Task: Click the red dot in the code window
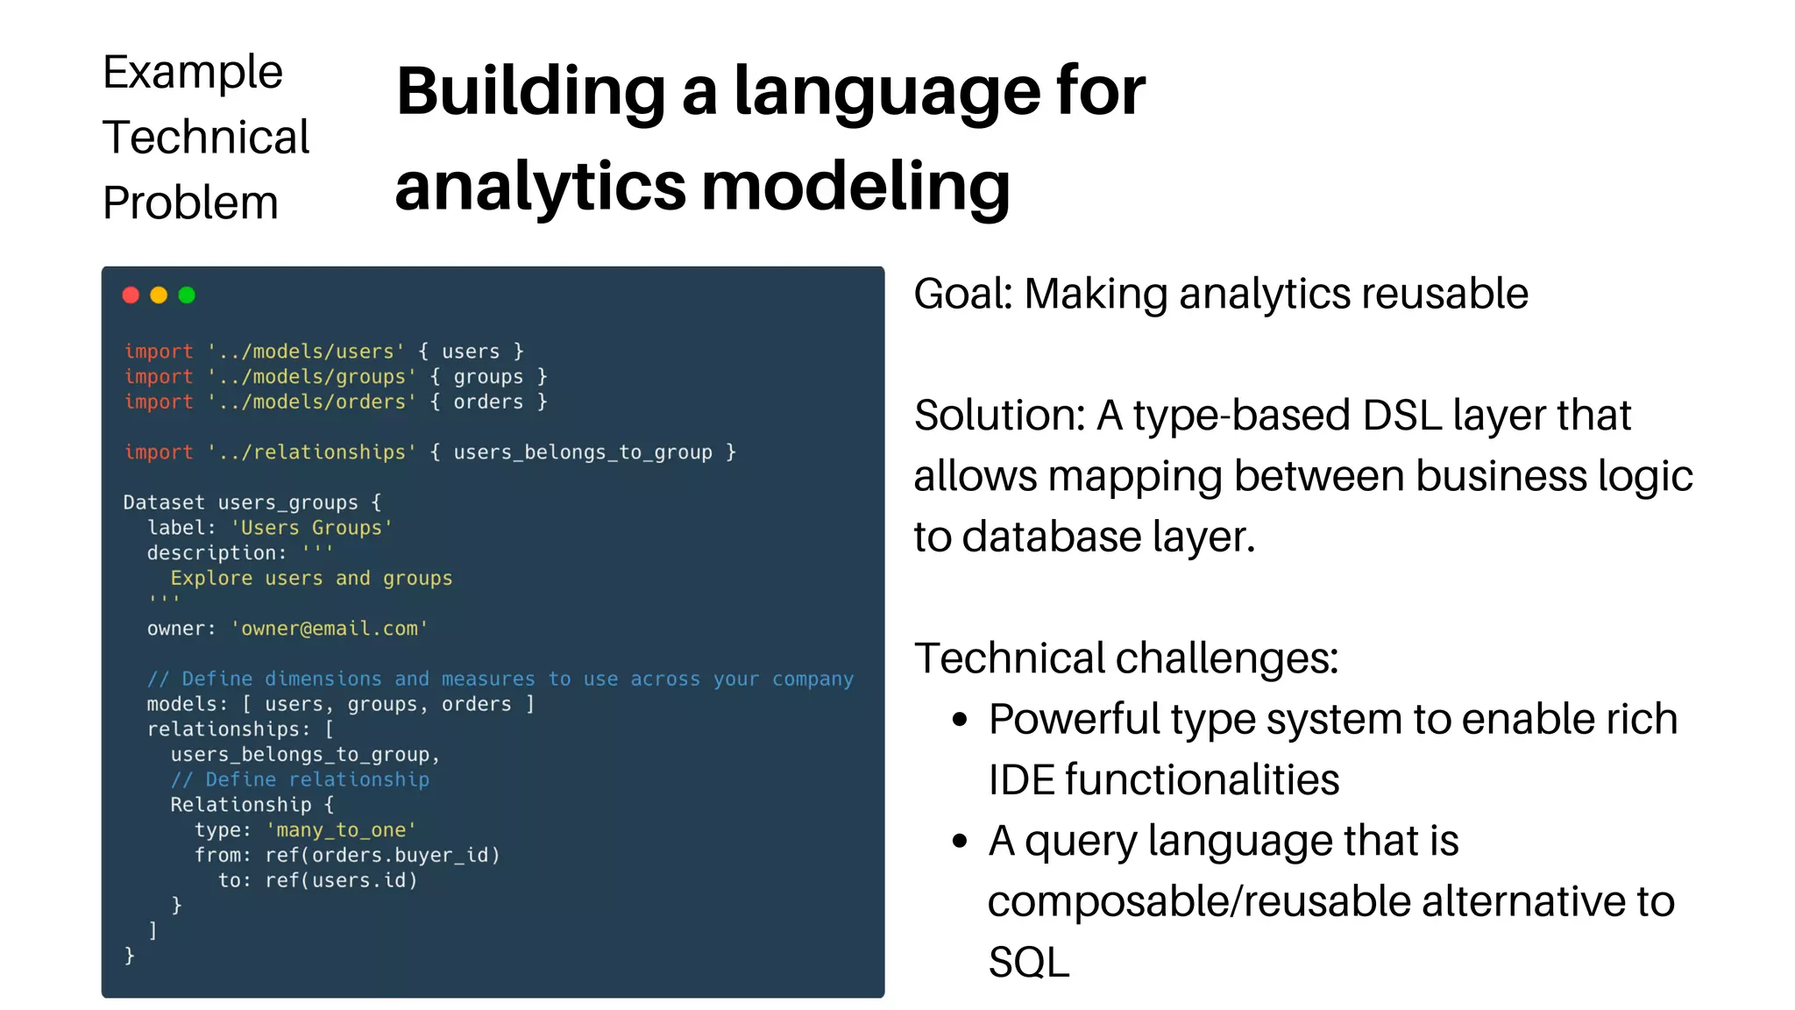[131, 295]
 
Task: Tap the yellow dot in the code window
[159, 295]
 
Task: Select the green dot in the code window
[187, 295]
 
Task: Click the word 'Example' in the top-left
[193, 72]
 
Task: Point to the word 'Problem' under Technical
[190, 203]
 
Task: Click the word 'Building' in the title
[530, 91]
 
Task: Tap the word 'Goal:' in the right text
[963, 294]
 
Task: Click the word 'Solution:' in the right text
[999, 415]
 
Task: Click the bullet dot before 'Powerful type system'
[960, 720]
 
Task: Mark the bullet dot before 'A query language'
[960, 841]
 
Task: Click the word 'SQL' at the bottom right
[1029, 962]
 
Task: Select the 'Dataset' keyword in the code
[164, 502]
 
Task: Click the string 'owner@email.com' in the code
[330, 629]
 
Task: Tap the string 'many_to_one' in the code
[341, 830]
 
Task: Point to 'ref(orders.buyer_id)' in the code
[382, 855]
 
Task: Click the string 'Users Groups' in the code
[312, 528]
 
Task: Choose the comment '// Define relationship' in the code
[300, 779]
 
